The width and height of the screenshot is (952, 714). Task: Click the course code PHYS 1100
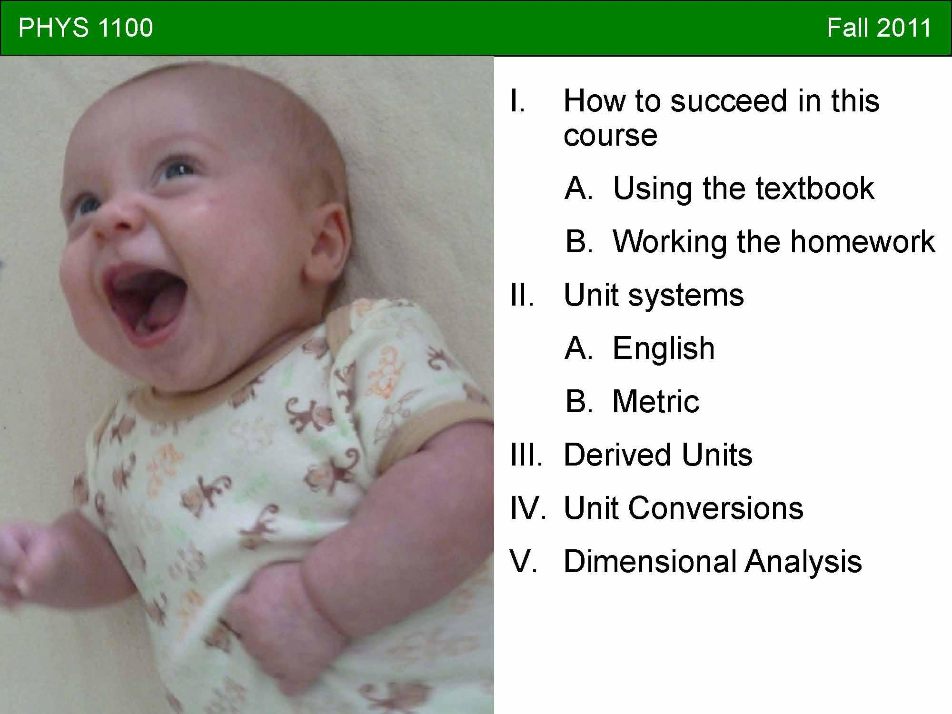[x=86, y=28]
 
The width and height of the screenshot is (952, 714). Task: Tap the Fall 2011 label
[x=879, y=28]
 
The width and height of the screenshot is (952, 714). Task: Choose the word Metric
[x=655, y=401]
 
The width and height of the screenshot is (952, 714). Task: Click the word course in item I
[x=610, y=136]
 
